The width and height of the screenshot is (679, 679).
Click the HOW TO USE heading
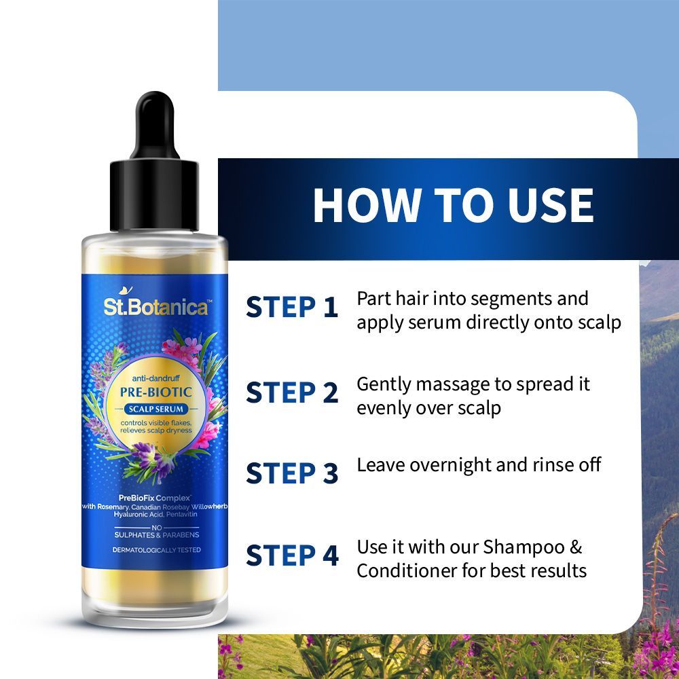(453, 204)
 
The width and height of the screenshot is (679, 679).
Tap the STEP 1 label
(292, 307)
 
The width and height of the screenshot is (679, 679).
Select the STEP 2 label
(292, 392)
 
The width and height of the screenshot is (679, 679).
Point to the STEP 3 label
(292, 473)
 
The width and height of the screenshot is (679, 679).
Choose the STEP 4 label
(292, 555)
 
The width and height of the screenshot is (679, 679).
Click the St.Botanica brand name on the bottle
(155, 308)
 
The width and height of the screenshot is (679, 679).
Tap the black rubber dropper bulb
(155, 112)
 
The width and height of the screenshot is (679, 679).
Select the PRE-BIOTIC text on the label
(156, 392)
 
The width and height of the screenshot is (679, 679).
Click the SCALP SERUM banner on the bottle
(156, 409)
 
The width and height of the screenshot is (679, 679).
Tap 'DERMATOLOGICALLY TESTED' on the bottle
(155, 549)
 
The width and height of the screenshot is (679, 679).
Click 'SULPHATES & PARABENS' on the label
(155, 535)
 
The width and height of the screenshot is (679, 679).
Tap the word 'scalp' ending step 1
(598, 323)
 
